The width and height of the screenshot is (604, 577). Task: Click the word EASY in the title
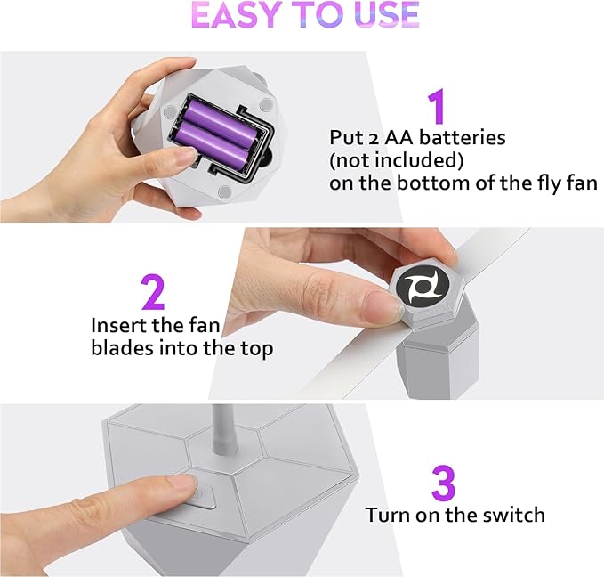[x=235, y=14]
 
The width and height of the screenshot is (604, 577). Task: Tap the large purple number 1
[x=437, y=106]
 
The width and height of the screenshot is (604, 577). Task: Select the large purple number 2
[x=153, y=292]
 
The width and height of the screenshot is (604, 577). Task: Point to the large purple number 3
[x=443, y=483]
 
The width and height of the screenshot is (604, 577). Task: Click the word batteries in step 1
[x=463, y=138]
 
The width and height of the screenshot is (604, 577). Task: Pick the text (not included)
[x=397, y=160]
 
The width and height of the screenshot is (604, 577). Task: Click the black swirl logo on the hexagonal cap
[x=423, y=286]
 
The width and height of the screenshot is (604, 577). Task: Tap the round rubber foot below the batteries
[x=224, y=192]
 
